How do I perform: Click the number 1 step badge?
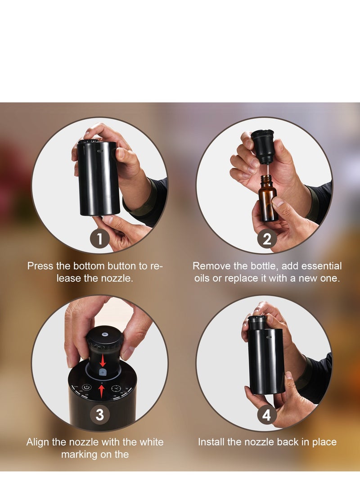100,239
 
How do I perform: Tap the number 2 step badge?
267,239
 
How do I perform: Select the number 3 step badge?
100,414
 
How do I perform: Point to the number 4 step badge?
267,414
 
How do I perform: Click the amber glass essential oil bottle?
268,199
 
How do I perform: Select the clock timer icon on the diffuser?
116,388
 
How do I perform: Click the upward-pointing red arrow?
102,390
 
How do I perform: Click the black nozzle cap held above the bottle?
263,145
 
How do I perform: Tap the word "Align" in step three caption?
37,442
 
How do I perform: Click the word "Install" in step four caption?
213,442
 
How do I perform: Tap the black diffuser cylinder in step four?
266,360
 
